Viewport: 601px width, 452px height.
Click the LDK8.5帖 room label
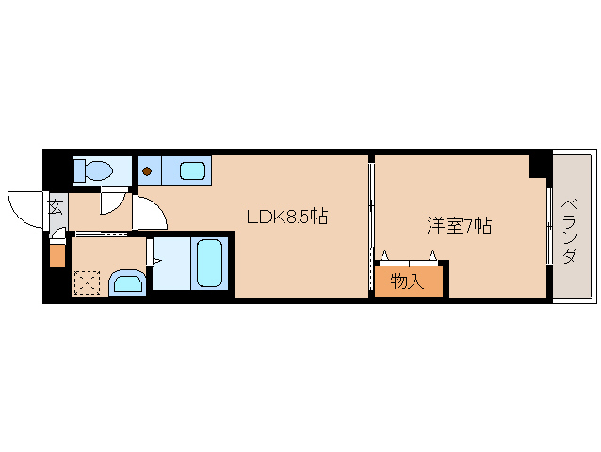[x=286, y=217]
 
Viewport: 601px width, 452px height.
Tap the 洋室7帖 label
[x=460, y=226]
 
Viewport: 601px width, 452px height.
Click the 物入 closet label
[x=406, y=282]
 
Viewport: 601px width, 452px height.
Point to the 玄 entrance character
[x=55, y=207]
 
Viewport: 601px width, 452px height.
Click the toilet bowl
[x=100, y=171]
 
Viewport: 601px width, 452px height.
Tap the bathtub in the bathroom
[x=210, y=264]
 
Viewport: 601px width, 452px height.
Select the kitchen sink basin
[x=192, y=171]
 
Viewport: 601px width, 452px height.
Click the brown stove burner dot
[x=148, y=171]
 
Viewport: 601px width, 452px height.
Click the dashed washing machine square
[x=87, y=282]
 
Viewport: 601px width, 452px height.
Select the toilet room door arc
[x=113, y=201]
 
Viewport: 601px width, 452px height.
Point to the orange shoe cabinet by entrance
[x=57, y=255]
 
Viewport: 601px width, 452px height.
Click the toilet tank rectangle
[x=80, y=170]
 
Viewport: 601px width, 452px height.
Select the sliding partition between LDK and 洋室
[x=371, y=226]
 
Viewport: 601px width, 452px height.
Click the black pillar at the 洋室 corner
[x=539, y=166]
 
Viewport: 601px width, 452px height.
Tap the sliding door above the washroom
[x=101, y=234]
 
